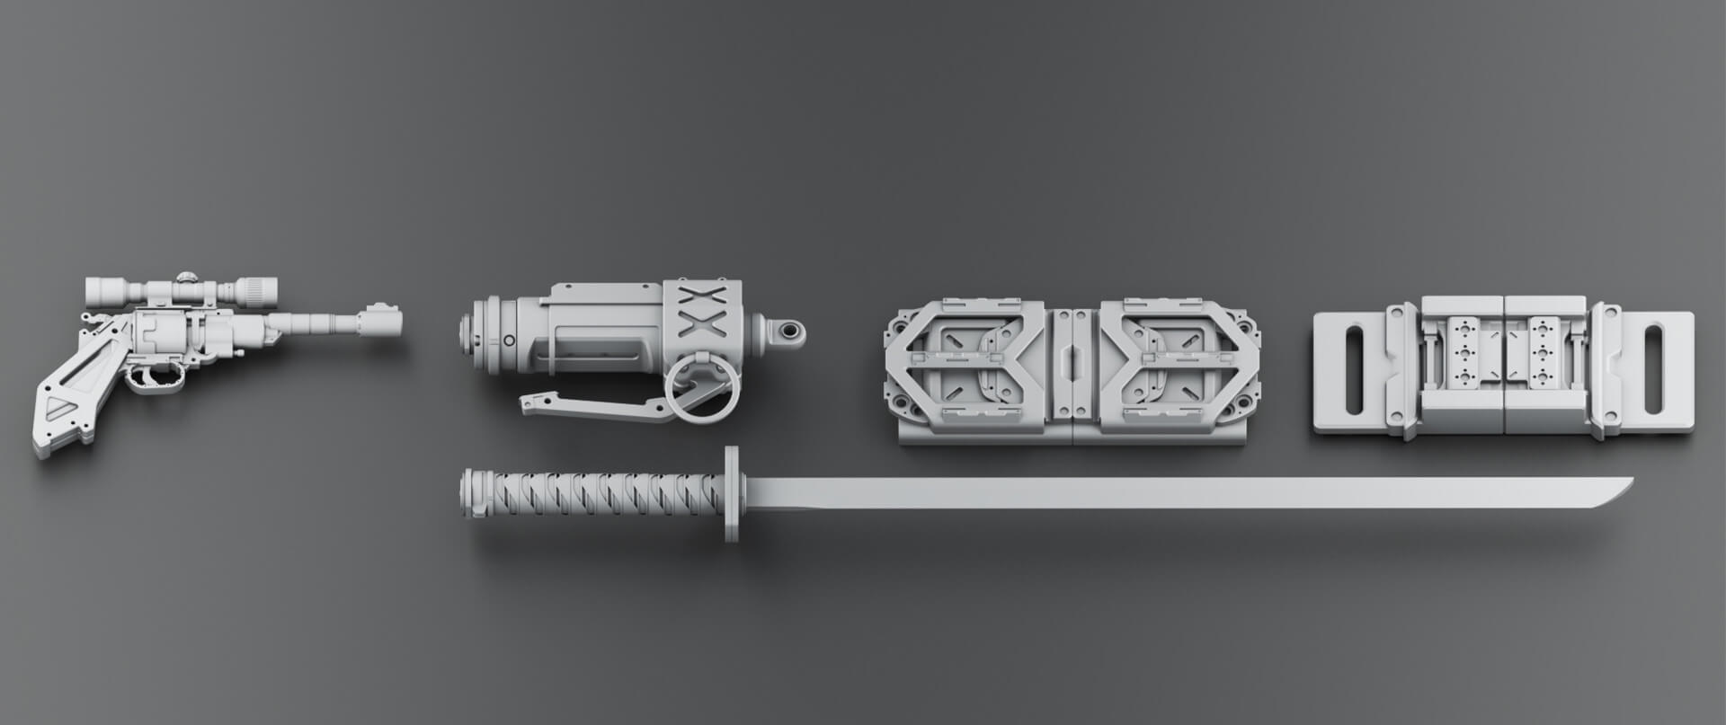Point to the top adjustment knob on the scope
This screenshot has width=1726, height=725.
[186, 278]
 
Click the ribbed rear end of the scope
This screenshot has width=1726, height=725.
[262, 289]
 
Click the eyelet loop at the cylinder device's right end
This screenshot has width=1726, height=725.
[789, 332]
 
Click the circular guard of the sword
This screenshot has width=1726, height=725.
[731, 494]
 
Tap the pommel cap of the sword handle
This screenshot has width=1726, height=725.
[467, 494]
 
